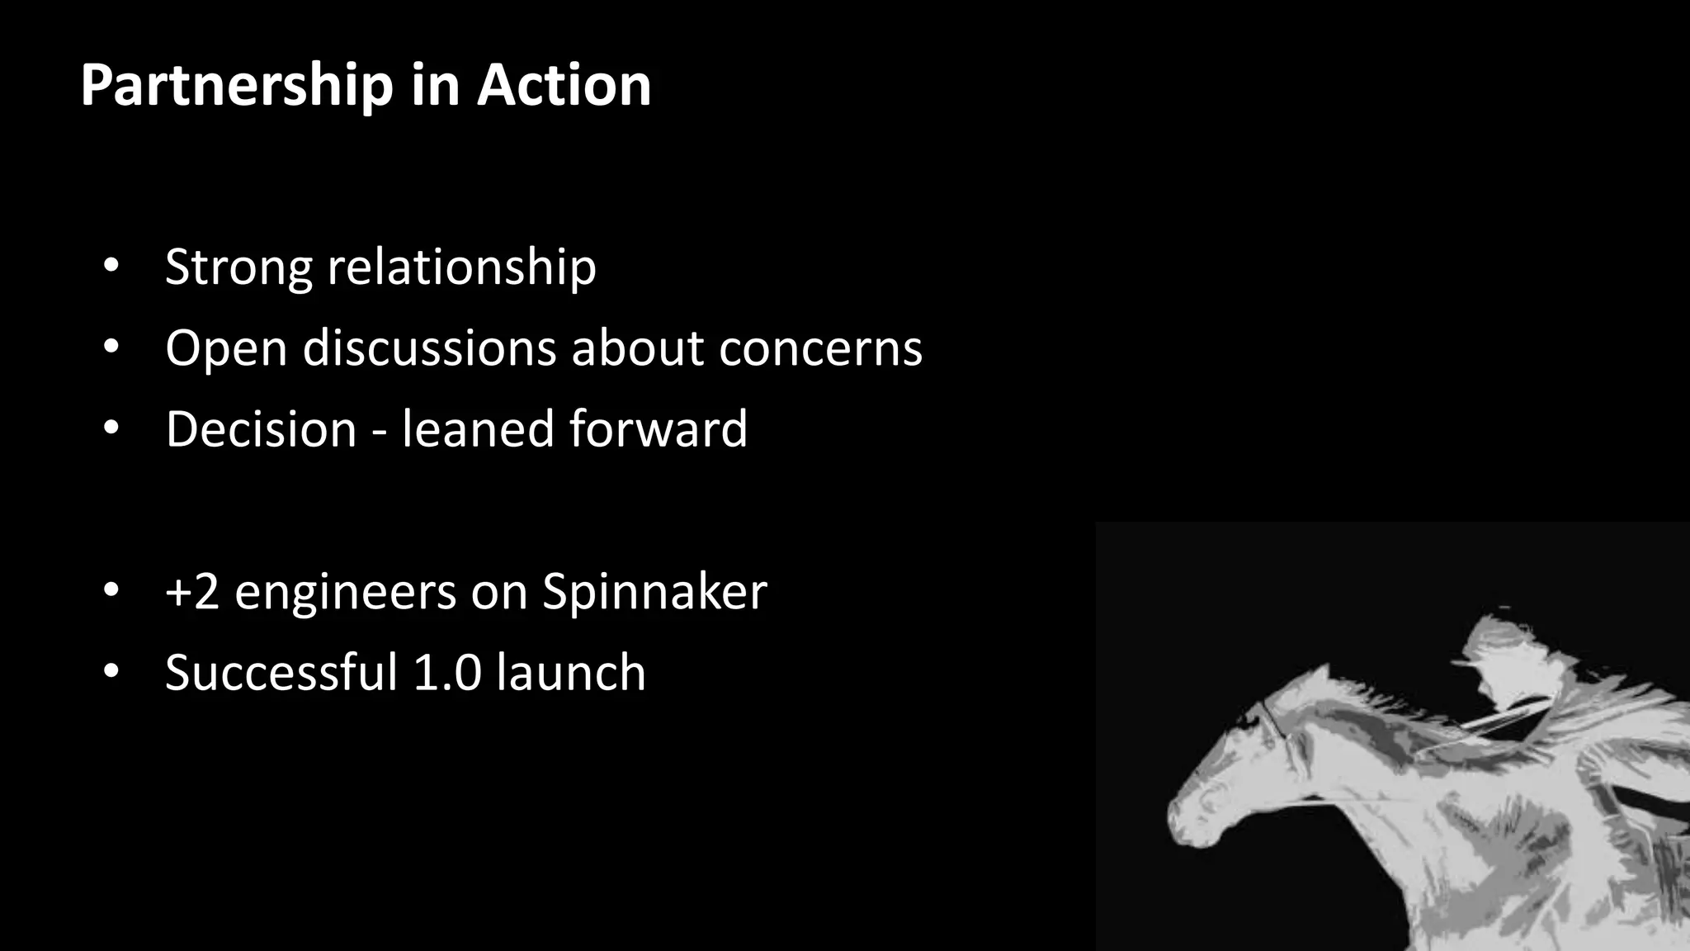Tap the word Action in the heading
click(x=564, y=86)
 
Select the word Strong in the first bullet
click(x=238, y=267)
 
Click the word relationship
click(x=461, y=267)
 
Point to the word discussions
click(x=429, y=348)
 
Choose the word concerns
click(x=820, y=349)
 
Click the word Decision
click(x=261, y=429)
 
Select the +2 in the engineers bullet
click(x=192, y=592)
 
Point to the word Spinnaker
click(x=654, y=592)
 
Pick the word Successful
click(x=281, y=672)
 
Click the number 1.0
click(x=446, y=672)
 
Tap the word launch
click(x=571, y=672)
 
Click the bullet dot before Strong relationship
click(x=111, y=267)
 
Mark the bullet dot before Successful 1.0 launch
click(x=111, y=671)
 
